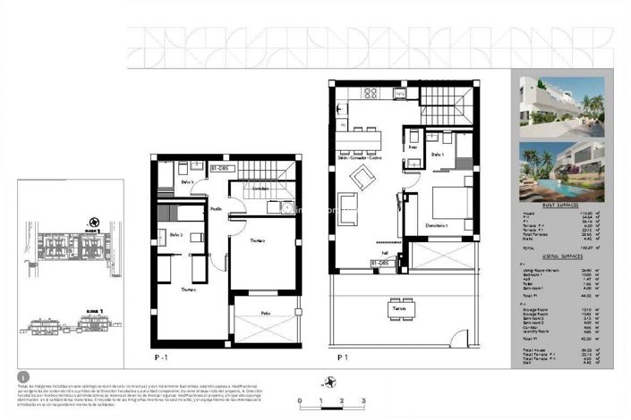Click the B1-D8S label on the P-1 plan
(x=222, y=167)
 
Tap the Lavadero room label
(x=260, y=189)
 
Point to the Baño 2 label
(x=175, y=234)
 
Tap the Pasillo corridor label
(x=217, y=208)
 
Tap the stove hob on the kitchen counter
(x=368, y=93)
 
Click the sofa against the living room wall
(x=346, y=206)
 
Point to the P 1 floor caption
(x=342, y=357)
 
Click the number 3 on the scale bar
(x=363, y=404)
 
